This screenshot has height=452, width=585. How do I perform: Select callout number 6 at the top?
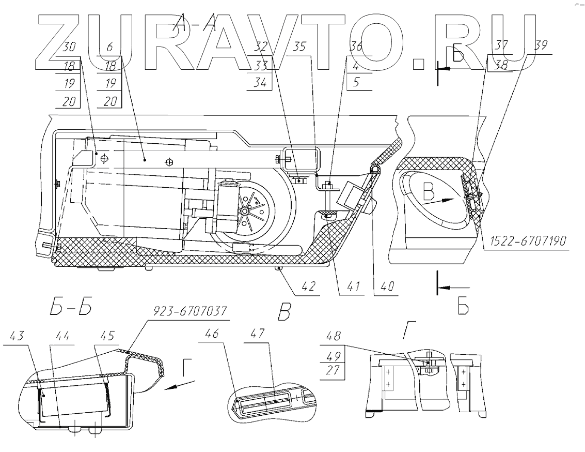tap(109, 48)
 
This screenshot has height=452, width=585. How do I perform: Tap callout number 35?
tap(299, 48)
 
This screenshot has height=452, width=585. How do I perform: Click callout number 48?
tap(333, 337)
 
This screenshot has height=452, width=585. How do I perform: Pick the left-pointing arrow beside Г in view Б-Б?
tap(180, 385)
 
